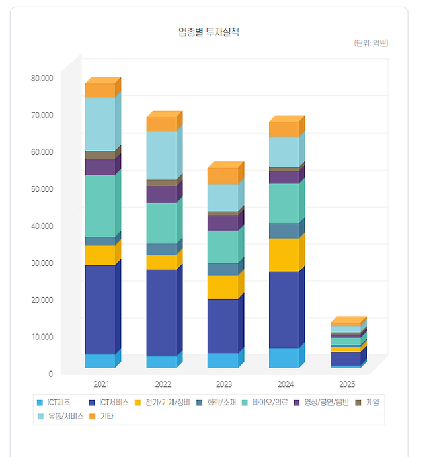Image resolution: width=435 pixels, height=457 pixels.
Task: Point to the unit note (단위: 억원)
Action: (371, 43)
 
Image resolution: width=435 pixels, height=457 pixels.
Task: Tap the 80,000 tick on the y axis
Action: (42, 78)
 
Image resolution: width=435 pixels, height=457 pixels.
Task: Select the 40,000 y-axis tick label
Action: (42, 226)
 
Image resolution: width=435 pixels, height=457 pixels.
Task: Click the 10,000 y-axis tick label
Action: (42, 337)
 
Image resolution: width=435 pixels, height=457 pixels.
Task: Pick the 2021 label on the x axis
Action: (101, 384)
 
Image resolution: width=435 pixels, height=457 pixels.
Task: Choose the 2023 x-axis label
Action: (224, 384)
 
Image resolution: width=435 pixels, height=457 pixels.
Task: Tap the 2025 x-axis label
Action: (347, 384)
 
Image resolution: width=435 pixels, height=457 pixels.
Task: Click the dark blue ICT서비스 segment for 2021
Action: (100, 310)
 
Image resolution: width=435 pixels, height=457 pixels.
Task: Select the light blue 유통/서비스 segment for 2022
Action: (161, 155)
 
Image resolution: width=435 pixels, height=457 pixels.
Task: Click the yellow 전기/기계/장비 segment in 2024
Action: (284, 255)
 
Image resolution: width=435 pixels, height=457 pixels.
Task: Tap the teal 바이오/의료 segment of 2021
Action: (100, 206)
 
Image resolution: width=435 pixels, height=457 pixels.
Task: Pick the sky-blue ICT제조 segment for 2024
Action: (284, 358)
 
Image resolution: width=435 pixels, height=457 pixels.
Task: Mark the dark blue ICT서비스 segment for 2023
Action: (222, 325)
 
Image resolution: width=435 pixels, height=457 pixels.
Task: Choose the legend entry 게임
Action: (372, 402)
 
